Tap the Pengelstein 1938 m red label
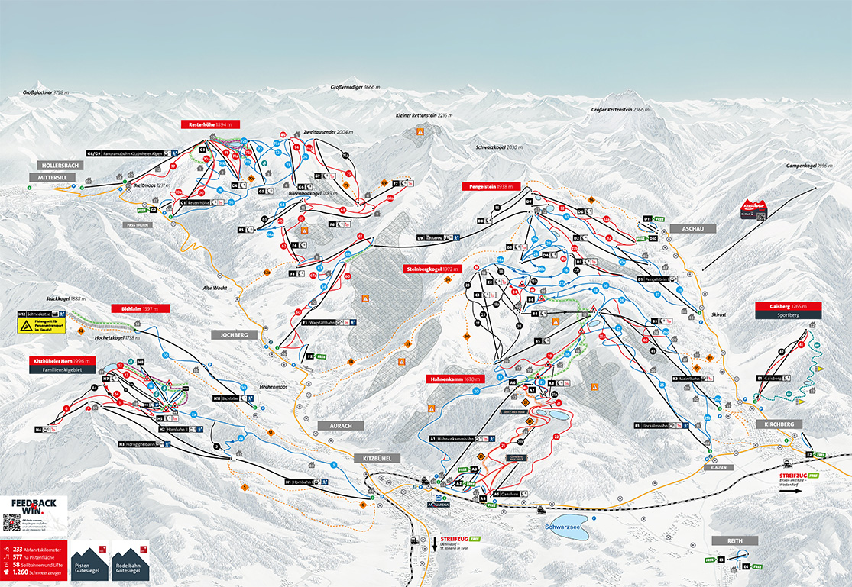coord(491,186)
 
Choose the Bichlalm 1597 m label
coord(140,308)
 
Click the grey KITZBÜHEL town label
coord(377,458)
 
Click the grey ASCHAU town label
coord(693,228)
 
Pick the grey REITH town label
coord(735,540)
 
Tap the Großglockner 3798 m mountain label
coord(51,92)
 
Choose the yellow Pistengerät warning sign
coord(27,326)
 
